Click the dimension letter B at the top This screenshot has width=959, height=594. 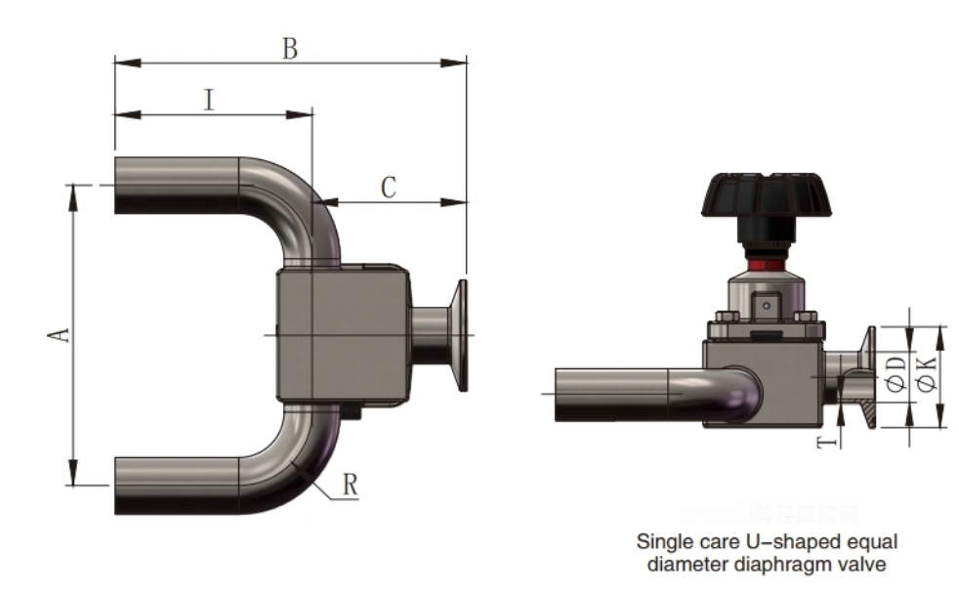click(290, 48)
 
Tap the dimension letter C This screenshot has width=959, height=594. click(388, 188)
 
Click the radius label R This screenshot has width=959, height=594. click(350, 486)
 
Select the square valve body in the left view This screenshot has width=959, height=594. click(342, 335)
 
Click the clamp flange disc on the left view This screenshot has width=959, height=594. click(461, 335)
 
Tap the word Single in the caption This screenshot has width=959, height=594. click(662, 541)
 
